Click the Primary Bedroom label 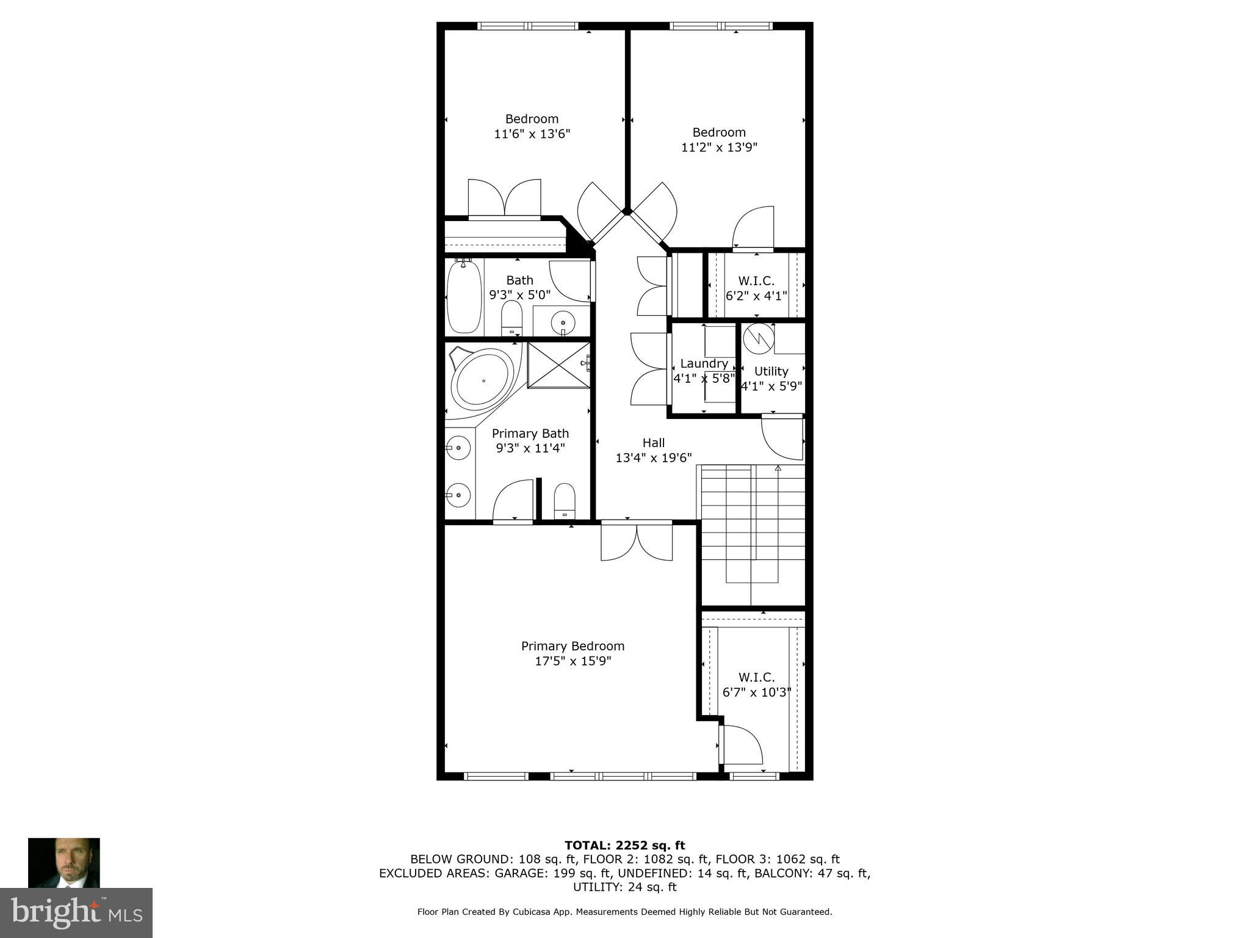(x=573, y=646)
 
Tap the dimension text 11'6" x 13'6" (x=532, y=134)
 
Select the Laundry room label (x=704, y=363)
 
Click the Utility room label (x=771, y=371)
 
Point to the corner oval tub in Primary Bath (x=482, y=380)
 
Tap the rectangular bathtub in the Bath (x=464, y=297)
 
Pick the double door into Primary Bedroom (x=637, y=542)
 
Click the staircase (x=752, y=525)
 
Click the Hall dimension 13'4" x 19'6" (x=653, y=458)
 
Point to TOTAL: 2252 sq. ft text (x=624, y=845)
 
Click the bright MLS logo (x=76, y=912)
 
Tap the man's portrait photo (x=63, y=862)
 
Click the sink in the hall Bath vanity (x=562, y=321)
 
